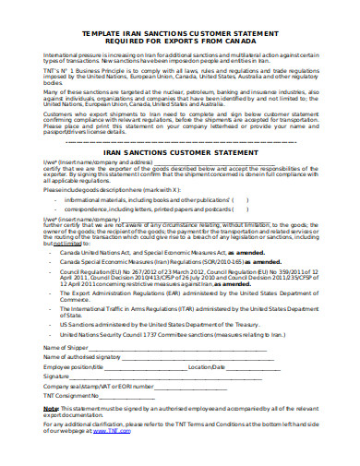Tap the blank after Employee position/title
(x=152, y=366)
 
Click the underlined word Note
(x=51, y=407)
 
